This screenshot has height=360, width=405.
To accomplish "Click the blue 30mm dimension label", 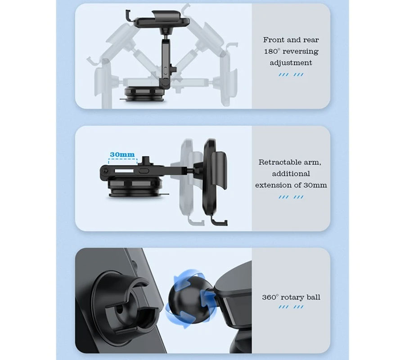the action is tap(122, 154).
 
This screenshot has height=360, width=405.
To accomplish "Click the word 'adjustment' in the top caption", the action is tap(291, 63).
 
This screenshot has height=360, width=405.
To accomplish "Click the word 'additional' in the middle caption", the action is tap(291, 174).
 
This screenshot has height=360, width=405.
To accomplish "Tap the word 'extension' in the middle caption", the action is tap(273, 185).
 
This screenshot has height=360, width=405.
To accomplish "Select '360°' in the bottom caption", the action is tap(270, 297).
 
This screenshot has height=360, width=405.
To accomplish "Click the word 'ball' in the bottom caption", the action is tap(313, 297).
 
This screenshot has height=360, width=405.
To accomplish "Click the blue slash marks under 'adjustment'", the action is tap(291, 75).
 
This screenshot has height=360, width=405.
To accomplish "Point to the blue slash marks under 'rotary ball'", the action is tap(291, 307).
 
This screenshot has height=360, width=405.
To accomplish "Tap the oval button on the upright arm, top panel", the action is tap(165, 70).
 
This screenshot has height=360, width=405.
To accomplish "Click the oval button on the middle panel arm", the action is tap(144, 171).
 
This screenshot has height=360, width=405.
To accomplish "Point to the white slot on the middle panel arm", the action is tap(124, 171).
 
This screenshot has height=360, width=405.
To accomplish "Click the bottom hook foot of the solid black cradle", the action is tap(219, 221).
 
